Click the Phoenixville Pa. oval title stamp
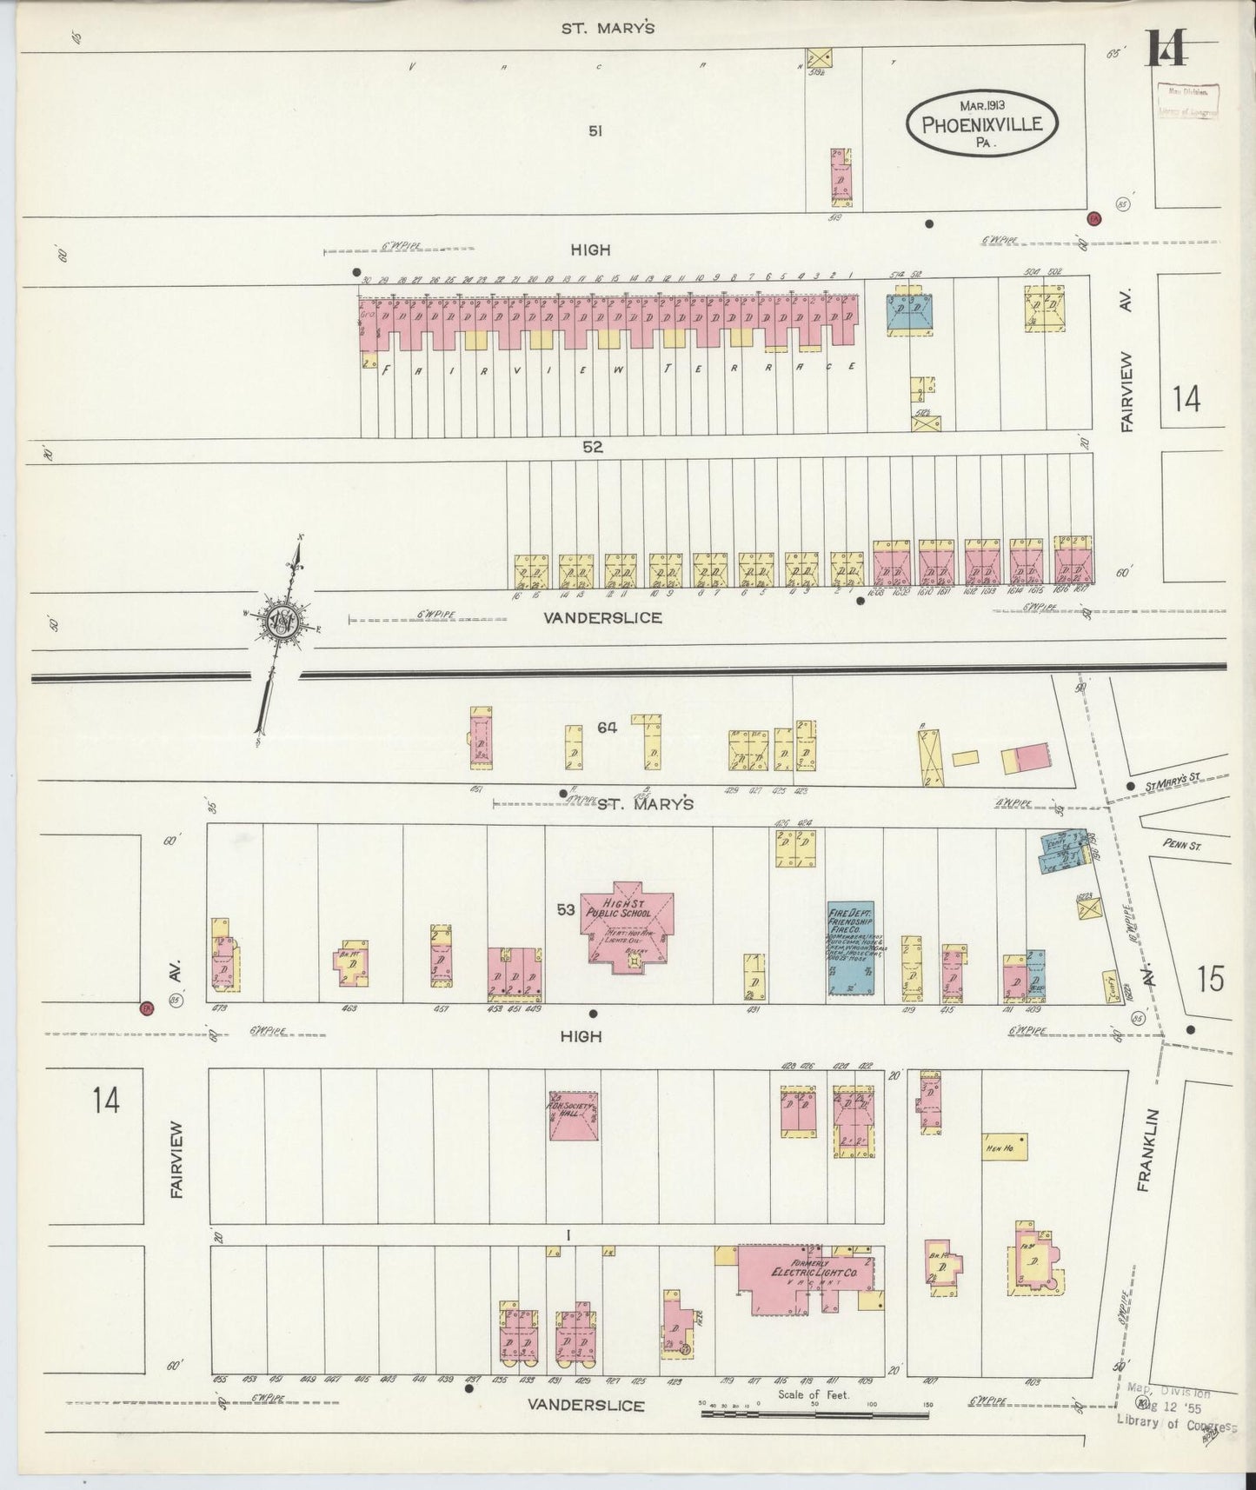[982, 123]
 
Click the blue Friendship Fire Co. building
[850, 948]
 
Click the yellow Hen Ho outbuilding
[1005, 1147]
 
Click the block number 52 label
[593, 448]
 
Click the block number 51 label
[595, 131]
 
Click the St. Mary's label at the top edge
[607, 28]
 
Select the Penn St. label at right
[1182, 844]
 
